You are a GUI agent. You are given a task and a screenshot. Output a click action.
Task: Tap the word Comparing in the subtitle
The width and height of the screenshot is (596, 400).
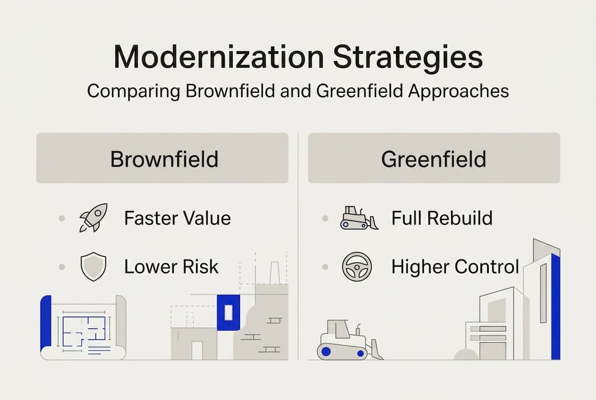[x=133, y=91]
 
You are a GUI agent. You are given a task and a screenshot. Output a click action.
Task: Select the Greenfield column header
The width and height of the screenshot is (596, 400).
[x=434, y=159]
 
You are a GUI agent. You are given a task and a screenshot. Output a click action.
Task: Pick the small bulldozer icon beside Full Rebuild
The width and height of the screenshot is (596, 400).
[x=358, y=218]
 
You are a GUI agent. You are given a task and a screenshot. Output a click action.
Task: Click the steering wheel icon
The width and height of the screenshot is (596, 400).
[x=355, y=267]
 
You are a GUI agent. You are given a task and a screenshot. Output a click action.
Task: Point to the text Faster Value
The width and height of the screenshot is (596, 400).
[x=177, y=218]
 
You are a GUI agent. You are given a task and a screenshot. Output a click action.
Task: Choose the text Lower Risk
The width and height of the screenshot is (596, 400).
[x=171, y=267]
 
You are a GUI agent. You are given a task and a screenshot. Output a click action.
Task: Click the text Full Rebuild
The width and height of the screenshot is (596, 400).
[x=442, y=218]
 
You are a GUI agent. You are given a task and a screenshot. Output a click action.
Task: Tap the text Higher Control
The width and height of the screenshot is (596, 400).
[x=455, y=267]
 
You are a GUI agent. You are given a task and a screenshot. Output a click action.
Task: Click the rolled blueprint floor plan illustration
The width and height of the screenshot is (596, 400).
[x=83, y=328]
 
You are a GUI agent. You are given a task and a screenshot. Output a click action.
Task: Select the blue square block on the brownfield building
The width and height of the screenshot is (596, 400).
[x=228, y=313]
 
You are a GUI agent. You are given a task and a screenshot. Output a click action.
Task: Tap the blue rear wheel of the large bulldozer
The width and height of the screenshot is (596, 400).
[x=327, y=351]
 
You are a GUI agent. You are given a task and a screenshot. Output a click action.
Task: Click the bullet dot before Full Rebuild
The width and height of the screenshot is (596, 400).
[x=325, y=218]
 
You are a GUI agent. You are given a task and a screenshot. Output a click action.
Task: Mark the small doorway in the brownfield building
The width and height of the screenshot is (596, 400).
[x=197, y=350]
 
